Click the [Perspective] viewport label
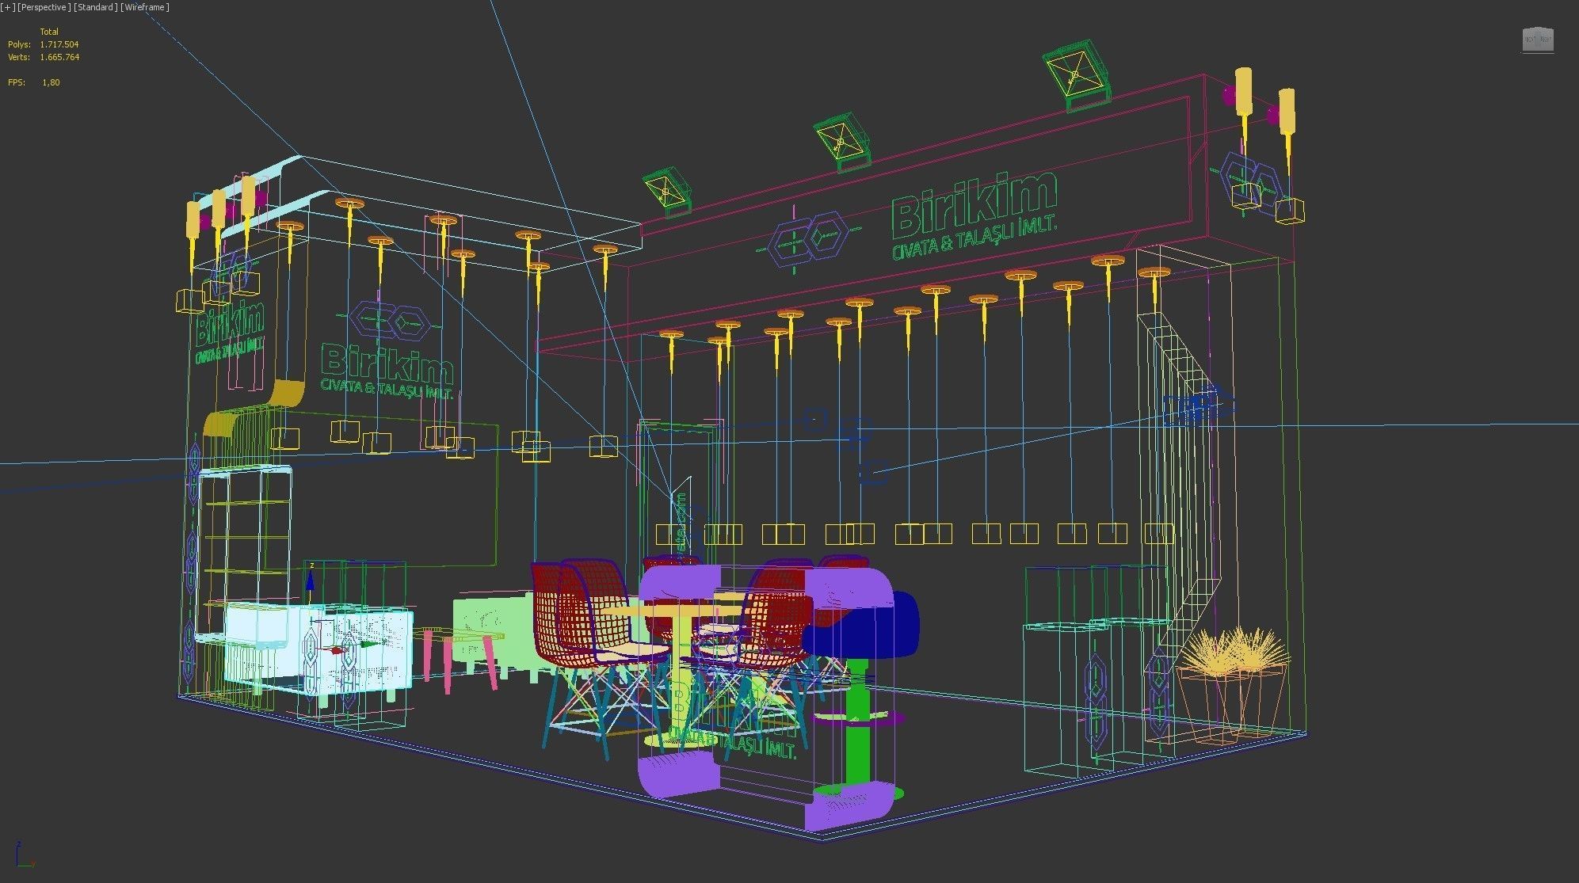[x=44, y=7]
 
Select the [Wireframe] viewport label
[x=145, y=7]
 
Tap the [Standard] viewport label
[x=96, y=7]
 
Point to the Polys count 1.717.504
[x=59, y=44]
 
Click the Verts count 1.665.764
[x=59, y=57]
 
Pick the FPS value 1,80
[x=51, y=82]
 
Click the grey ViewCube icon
[x=1537, y=40]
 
